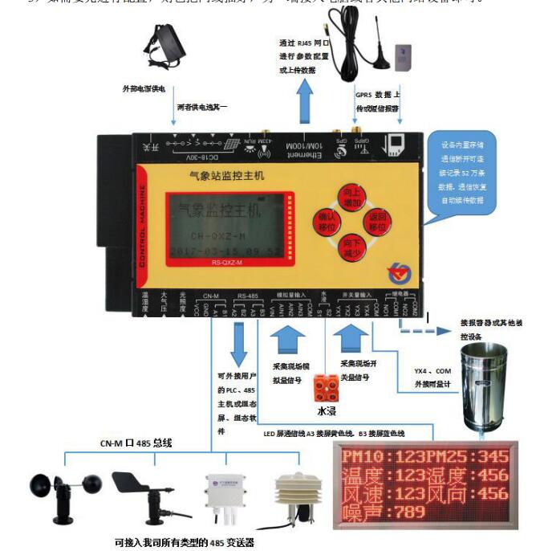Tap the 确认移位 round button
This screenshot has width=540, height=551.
(x=327, y=221)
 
